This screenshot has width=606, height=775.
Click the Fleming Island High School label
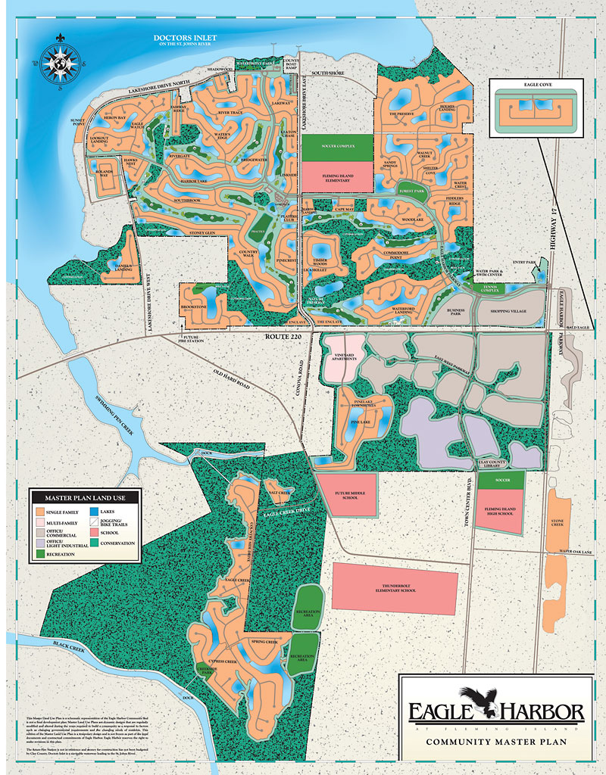coord(496,512)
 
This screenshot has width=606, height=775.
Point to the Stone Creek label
coord(558,522)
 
